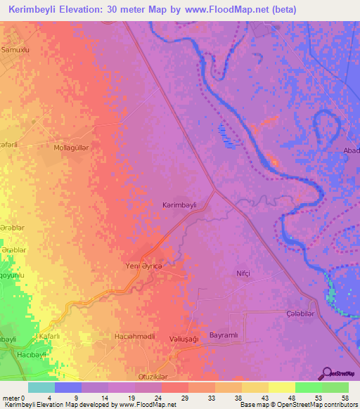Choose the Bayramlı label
click(225, 336)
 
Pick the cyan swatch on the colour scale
click(41, 387)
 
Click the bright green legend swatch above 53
click(308, 387)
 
